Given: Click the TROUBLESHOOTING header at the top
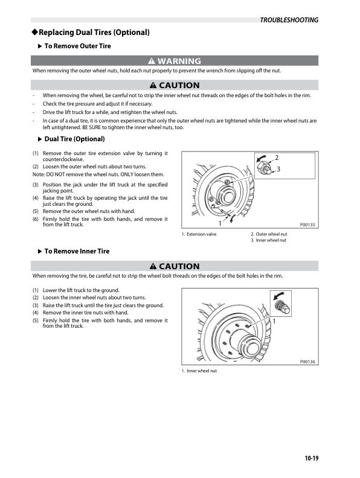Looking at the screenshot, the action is pos(289,20).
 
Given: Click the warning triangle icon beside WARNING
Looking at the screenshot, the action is pos(152,61).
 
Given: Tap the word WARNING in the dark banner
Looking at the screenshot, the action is pos(179,61).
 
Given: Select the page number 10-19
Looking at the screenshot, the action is pos(312,458).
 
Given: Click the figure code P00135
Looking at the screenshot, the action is pos(307,225).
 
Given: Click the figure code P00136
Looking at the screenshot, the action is pos(307,362).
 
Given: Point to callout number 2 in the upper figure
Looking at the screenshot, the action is pos(277,158).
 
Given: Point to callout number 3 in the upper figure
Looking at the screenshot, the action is pos(278,169).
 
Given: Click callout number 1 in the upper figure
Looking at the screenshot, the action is pos(220,223).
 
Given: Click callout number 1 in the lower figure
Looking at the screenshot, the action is pos(274,321).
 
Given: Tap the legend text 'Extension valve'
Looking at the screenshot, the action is pos(201,234).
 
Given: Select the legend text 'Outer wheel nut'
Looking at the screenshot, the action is pos(271,234).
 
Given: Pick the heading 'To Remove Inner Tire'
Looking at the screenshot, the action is pos(77,251).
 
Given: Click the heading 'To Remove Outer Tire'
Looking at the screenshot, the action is pos(77,46).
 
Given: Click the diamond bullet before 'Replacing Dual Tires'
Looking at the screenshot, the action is pos(35,32).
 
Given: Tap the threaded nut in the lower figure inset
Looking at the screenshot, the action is pos(282,307).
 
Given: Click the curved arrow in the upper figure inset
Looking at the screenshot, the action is pos(261,158).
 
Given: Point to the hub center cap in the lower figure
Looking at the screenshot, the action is pos(251,347).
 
